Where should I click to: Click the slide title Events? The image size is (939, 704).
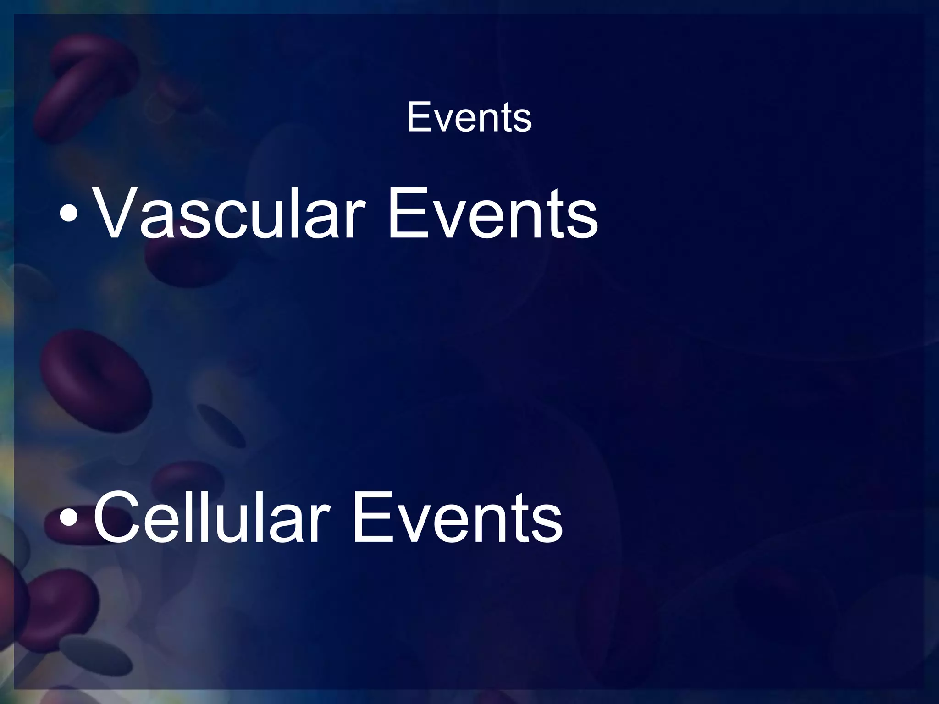[469, 118]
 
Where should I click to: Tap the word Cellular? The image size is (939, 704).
[211, 517]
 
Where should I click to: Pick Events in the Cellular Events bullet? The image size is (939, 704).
[457, 517]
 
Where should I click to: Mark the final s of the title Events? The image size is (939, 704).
[523, 121]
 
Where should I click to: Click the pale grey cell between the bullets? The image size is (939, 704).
[220, 424]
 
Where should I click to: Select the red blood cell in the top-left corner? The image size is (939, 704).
[87, 82]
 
